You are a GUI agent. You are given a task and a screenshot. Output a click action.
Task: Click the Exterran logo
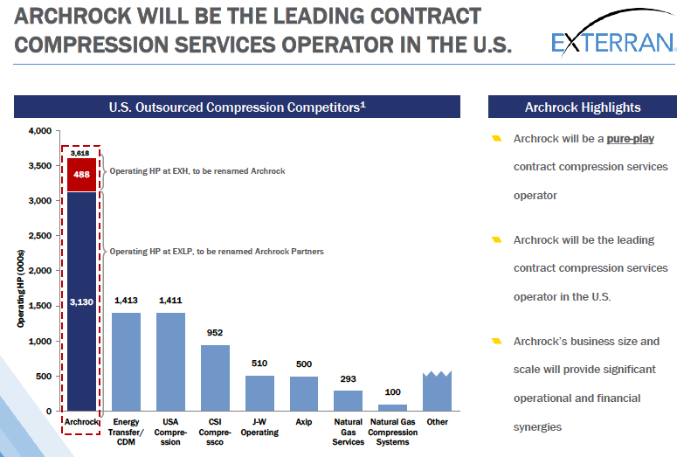[611, 42]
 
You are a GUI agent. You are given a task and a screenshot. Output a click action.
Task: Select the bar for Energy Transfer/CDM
[126, 361]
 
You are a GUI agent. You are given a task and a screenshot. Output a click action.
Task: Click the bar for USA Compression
[170, 361]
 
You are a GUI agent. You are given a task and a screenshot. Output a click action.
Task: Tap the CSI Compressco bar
[215, 377]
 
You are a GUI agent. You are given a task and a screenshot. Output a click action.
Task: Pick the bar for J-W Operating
[259, 393]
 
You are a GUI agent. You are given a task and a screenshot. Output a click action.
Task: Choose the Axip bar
[304, 393]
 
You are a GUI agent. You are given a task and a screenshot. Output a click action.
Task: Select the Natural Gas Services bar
[349, 400]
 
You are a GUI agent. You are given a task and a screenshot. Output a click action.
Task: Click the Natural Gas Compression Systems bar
[392, 407]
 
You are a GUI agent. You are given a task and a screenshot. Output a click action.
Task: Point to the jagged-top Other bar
[437, 391]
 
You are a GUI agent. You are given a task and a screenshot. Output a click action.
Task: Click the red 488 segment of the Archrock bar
[81, 174]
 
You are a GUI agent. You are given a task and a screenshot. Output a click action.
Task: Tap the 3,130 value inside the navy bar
[81, 301]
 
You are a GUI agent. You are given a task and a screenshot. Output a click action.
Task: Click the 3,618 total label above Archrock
[81, 153]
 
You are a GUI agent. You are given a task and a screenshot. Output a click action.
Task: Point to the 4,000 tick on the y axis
[40, 131]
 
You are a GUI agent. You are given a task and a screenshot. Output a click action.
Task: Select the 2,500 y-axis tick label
[40, 236]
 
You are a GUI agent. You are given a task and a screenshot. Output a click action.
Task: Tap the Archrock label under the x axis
[81, 422]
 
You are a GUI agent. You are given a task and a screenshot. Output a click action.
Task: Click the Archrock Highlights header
[582, 107]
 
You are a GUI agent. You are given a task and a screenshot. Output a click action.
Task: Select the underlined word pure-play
[631, 138]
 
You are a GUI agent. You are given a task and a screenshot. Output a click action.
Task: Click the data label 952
[215, 333]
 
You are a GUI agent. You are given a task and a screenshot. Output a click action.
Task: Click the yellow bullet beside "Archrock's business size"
[496, 341]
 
